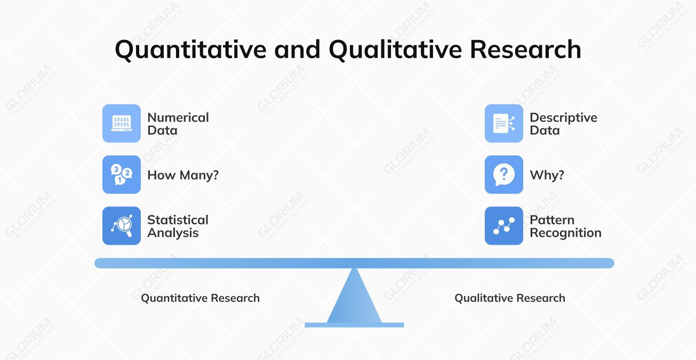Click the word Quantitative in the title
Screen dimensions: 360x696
pyautogui.click(x=190, y=50)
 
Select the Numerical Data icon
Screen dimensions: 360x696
pyautogui.click(x=122, y=123)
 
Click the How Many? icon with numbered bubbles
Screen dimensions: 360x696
pyautogui.click(x=122, y=174)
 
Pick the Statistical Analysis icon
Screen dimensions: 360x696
pyautogui.click(x=122, y=226)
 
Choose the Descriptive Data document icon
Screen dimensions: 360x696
pyautogui.click(x=504, y=123)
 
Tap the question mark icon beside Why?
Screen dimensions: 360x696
pyautogui.click(x=504, y=174)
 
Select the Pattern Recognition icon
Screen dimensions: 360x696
pyautogui.click(x=504, y=226)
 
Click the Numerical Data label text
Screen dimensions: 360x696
pyautogui.click(x=178, y=124)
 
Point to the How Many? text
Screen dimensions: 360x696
pyautogui.click(x=183, y=175)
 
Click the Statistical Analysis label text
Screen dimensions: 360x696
pyautogui.click(x=178, y=226)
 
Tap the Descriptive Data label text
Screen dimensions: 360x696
pyautogui.click(x=563, y=124)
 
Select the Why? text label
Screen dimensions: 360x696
pyautogui.click(x=547, y=175)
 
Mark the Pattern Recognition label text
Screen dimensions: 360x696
pyautogui.click(x=565, y=226)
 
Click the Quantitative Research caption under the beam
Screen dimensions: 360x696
pyautogui.click(x=200, y=298)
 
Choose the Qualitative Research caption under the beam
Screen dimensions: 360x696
pyautogui.click(x=509, y=298)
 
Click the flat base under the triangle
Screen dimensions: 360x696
pyautogui.click(x=354, y=325)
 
